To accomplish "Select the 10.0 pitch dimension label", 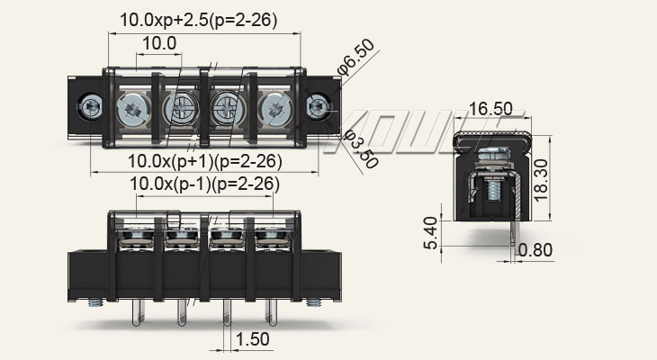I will click(158, 44).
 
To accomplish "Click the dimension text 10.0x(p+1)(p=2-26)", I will click(205, 162).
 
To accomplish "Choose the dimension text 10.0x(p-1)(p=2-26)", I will click(205, 184).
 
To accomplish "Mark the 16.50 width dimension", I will click(490, 109).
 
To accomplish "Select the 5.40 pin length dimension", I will click(432, 233).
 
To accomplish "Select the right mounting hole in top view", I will click(319, 107).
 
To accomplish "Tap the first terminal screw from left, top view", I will click(131, 109).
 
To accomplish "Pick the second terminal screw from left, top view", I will click(178, 109).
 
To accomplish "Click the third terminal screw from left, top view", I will click(225, 109).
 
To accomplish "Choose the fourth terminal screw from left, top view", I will click(272, 109).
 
